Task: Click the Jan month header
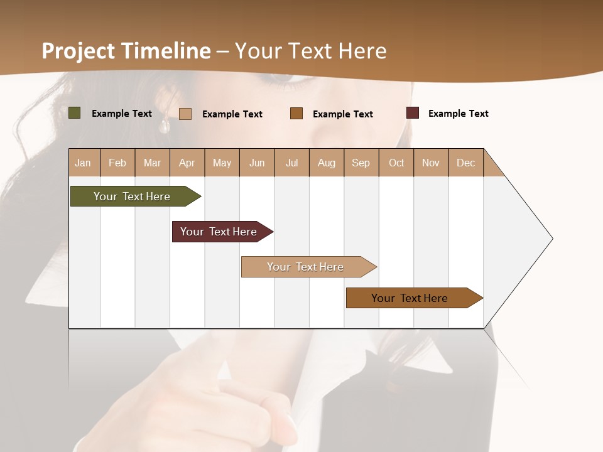pyautogui.click(x=84, y=163)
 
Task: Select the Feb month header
pyautogui.click(x=117, y=163)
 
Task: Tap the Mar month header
pyautogui.click(x=152, y=163)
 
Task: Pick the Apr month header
pyautogui.click(x=187, y=163)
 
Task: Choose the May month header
pyautogui.click(x=222, y=163)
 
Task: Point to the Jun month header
pyautogui.click(x=257, y=163)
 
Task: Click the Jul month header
pyautogui.click(x=291, y=163)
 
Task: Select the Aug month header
pyautogui.click(x=327, y=163)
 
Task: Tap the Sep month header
pyautogui.click(x=361, y=163)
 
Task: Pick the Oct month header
pyautogui.click(x=396, y=163)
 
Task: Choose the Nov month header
pyautogui.click(x=431, y=163)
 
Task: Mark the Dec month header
pyautogui.click(x=466, y=163)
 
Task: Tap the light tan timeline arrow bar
pyautogui.click(x=307, y=267)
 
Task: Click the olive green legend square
pyautogui.click(x=75, y=113)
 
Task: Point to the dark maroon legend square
pyautogui.click(x=413, y=113)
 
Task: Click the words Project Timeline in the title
pyautogui.click(x=126, y=51)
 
